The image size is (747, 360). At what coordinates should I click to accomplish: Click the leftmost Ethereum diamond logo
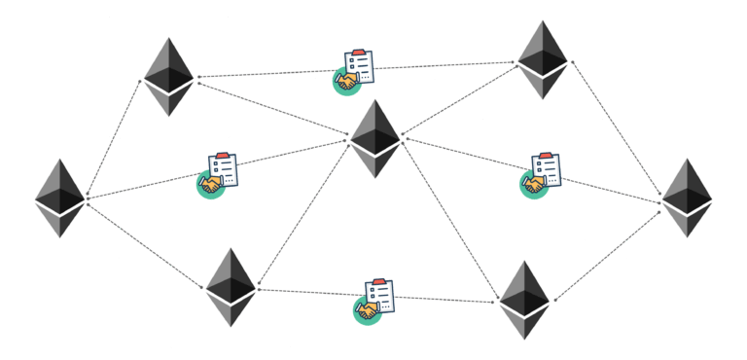(x=60, y=198)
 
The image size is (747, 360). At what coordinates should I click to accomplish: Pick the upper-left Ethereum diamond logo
(x=168, y=77)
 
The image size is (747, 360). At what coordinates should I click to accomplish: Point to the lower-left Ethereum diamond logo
(x=231, y=287)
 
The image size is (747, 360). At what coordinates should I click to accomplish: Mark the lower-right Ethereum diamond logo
(x=524, y=300)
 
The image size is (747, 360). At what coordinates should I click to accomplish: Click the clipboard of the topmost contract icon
(x=360, y=66)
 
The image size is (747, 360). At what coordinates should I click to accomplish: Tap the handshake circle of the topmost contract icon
(x=346, y=82)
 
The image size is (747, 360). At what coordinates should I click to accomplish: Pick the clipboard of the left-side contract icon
(x=224, y=169)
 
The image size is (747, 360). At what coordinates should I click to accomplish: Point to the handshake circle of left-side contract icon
(x=210, y=185)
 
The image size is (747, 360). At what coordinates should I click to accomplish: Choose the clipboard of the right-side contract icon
(x=546, y=169)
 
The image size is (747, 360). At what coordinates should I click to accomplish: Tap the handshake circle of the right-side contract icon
(x=532, y=185)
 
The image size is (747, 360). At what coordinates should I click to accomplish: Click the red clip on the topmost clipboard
(x=360, y=53)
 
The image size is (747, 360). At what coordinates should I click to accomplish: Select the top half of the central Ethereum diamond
(x=375, y=122)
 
